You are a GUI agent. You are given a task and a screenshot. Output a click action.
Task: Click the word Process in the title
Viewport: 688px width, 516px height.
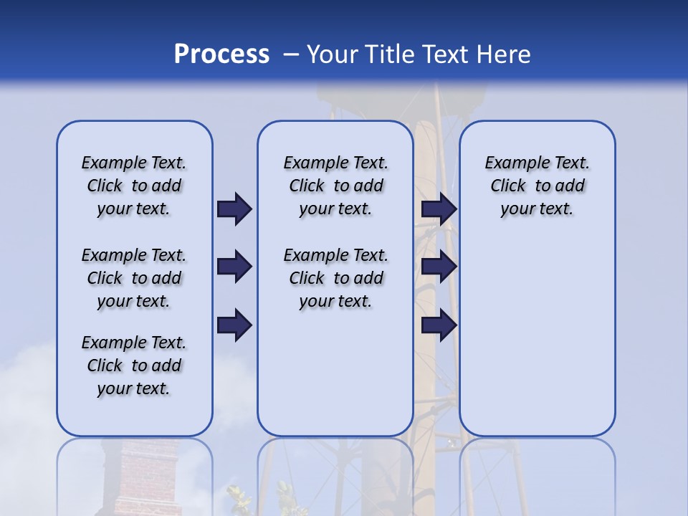click(x=221, y=54)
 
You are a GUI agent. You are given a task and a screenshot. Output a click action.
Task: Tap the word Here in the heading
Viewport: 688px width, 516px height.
click(x=504, y=54)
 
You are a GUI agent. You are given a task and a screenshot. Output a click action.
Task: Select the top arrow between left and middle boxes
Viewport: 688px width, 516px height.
click(x=234, y=209)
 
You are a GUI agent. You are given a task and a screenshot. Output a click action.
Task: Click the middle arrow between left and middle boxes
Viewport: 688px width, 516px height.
click(x=234, y=267)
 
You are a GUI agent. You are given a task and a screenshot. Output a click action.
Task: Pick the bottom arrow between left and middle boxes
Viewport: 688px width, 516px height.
click(x=234, y=325)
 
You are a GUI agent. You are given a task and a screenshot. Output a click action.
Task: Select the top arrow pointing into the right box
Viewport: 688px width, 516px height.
click(x=439, y=209)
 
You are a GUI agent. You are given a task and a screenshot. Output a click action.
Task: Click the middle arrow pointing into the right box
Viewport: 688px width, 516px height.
click(x=439, y=267)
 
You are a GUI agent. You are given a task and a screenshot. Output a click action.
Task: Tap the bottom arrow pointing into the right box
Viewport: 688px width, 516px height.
click(x=439, y=325)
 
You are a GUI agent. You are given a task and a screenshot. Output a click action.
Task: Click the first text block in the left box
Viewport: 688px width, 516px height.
click(x=134, y=186)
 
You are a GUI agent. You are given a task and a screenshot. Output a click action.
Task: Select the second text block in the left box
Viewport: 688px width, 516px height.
click(x=134, y=278)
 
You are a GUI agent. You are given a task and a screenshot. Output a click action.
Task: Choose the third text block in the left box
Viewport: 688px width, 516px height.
click(x=134, y=365)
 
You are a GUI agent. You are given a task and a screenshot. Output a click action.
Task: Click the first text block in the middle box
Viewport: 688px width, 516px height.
click(x=335, y=186)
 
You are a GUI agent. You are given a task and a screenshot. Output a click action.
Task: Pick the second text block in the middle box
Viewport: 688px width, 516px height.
click(x=335, y=278)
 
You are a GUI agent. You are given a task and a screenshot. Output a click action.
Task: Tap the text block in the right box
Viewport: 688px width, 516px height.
click(x=537, y=186)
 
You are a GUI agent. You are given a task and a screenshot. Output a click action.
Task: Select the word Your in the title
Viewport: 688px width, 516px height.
click(x=333, y=54)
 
